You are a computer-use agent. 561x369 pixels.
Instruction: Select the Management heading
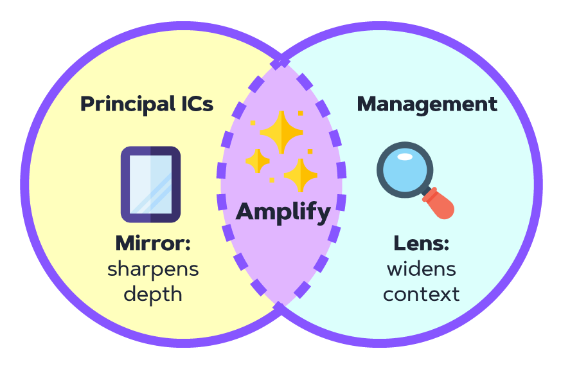coord(427,104)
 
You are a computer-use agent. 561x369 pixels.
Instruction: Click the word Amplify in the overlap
coord(283,212)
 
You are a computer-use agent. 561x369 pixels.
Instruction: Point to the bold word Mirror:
coord(153,244)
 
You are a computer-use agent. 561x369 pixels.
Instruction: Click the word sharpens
coord(153,269)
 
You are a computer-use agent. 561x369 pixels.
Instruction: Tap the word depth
coord(153,294)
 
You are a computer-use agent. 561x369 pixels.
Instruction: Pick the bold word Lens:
coord(421,244)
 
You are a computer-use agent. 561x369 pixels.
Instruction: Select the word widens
coord(421,269)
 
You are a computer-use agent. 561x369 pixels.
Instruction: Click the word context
coord(421,294)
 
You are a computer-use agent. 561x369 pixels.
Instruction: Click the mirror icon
coord(150,184)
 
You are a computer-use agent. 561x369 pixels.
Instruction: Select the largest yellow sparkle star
coord(281,132)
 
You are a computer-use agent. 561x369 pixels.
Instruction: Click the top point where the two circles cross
coord(281,62)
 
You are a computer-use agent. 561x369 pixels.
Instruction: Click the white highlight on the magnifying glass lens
coord(405,157)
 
